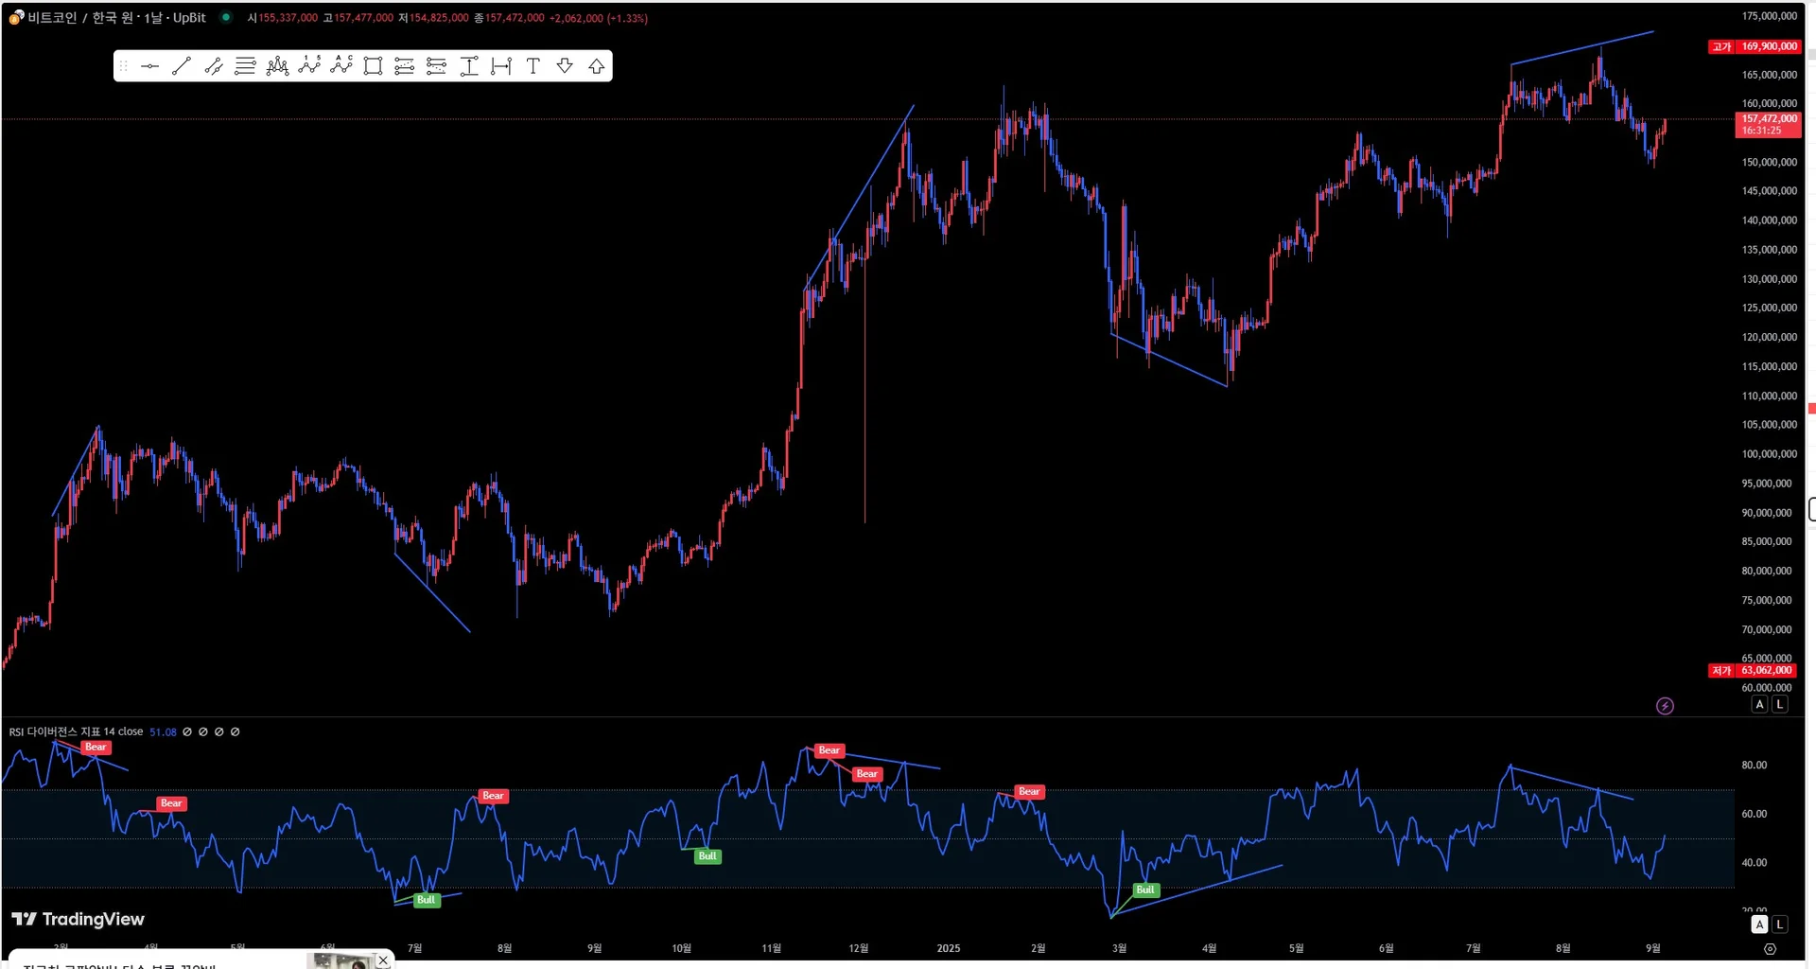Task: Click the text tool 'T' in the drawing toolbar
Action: (533, 66)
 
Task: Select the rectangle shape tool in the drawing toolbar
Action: (373, 66)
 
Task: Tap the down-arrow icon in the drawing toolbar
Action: (565, 66)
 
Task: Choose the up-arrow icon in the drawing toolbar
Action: (597, 66)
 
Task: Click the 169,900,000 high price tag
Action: (1769, 46)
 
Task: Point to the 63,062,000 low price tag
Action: (1768, 671)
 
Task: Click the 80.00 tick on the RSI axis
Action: (1755, 766)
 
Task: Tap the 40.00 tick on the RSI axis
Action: (1755, 863)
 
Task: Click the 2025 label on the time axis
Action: (948, 948)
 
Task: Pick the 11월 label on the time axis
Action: (772, 948)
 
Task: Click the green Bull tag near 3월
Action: (1144, 890)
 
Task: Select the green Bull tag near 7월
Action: (426, 900)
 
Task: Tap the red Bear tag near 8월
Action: (493, 796)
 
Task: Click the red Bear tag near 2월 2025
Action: (1029, 792)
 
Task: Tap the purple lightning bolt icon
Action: (1665, 706)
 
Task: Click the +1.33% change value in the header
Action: (627, 18)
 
